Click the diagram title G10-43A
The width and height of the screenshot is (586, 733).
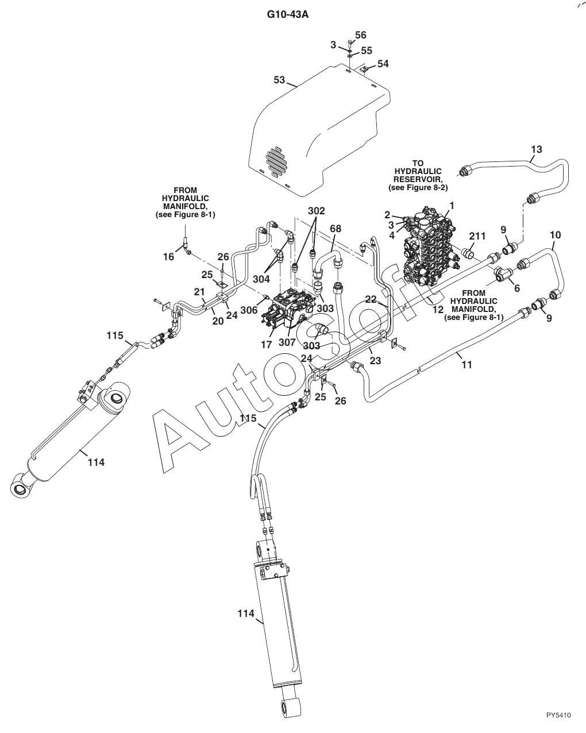pos(288,15)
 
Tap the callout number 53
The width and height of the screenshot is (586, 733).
pos(279,80)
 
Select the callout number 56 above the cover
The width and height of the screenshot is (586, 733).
pos(360,34)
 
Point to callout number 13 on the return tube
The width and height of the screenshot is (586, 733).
pos(536,149)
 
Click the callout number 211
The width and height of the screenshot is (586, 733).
pos(477,236)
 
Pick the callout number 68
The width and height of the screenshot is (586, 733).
pos(336,229)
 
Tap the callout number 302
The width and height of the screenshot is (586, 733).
pos(317,211)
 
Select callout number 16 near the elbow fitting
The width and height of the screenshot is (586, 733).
pos(168,256)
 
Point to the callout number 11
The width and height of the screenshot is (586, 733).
pos(467,365)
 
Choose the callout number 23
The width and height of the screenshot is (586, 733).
pos(375,360)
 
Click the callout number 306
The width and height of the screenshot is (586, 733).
pos(249,310)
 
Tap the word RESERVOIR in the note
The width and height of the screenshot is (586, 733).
pos(418,179)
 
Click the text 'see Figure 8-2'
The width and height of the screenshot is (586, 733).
pos(418,188)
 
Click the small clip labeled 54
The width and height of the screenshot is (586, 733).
pos(364,70)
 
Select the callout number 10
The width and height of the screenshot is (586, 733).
pos(556,235)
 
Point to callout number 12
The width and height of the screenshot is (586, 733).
pos(438,309)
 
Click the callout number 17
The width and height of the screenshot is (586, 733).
pos(266,345)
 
